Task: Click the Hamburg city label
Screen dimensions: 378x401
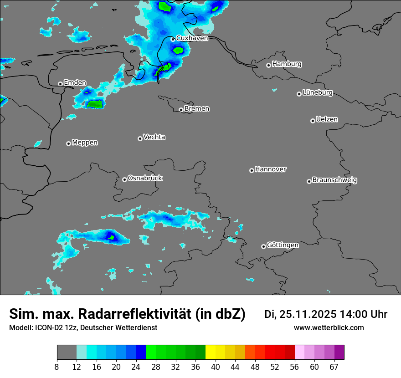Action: pyautogui.click(x=287, y=64)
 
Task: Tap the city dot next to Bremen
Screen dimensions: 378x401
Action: pyautogui.click(x=181, y=110)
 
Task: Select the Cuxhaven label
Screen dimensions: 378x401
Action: pyautogui.click(x=192, y=38)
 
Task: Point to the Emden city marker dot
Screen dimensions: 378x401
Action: pyautogui.click(x=60, y=84)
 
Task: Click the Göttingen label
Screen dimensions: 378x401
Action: pyautogui.click(x=283, y=245)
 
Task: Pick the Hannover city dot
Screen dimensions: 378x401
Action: pyautogui.click(x=252, y=170)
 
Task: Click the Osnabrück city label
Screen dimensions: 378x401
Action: pyautogui.click(x=145, y=178)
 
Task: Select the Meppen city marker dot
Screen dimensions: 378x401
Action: pyautogui.click(x=68, y=143)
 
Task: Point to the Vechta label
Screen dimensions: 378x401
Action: pyautogui.click(x=154, y=137)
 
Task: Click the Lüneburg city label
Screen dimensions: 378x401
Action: pyautogui.click(x=317, y=93)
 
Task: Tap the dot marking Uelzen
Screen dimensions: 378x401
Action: pyautogui.click(x=313, y=121)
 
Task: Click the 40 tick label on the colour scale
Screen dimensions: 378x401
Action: pyautogui.click(x=216, y=367)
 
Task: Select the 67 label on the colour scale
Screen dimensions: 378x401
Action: pyautogui.click(x=334, y=367)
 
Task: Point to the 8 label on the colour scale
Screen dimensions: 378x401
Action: pyautogui.click(x=57, y=367)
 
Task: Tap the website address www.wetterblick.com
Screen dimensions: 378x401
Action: pyautogui.click(x=329, y=328)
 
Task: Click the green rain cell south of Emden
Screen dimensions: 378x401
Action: pyautogui.click(x=95, y=104)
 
